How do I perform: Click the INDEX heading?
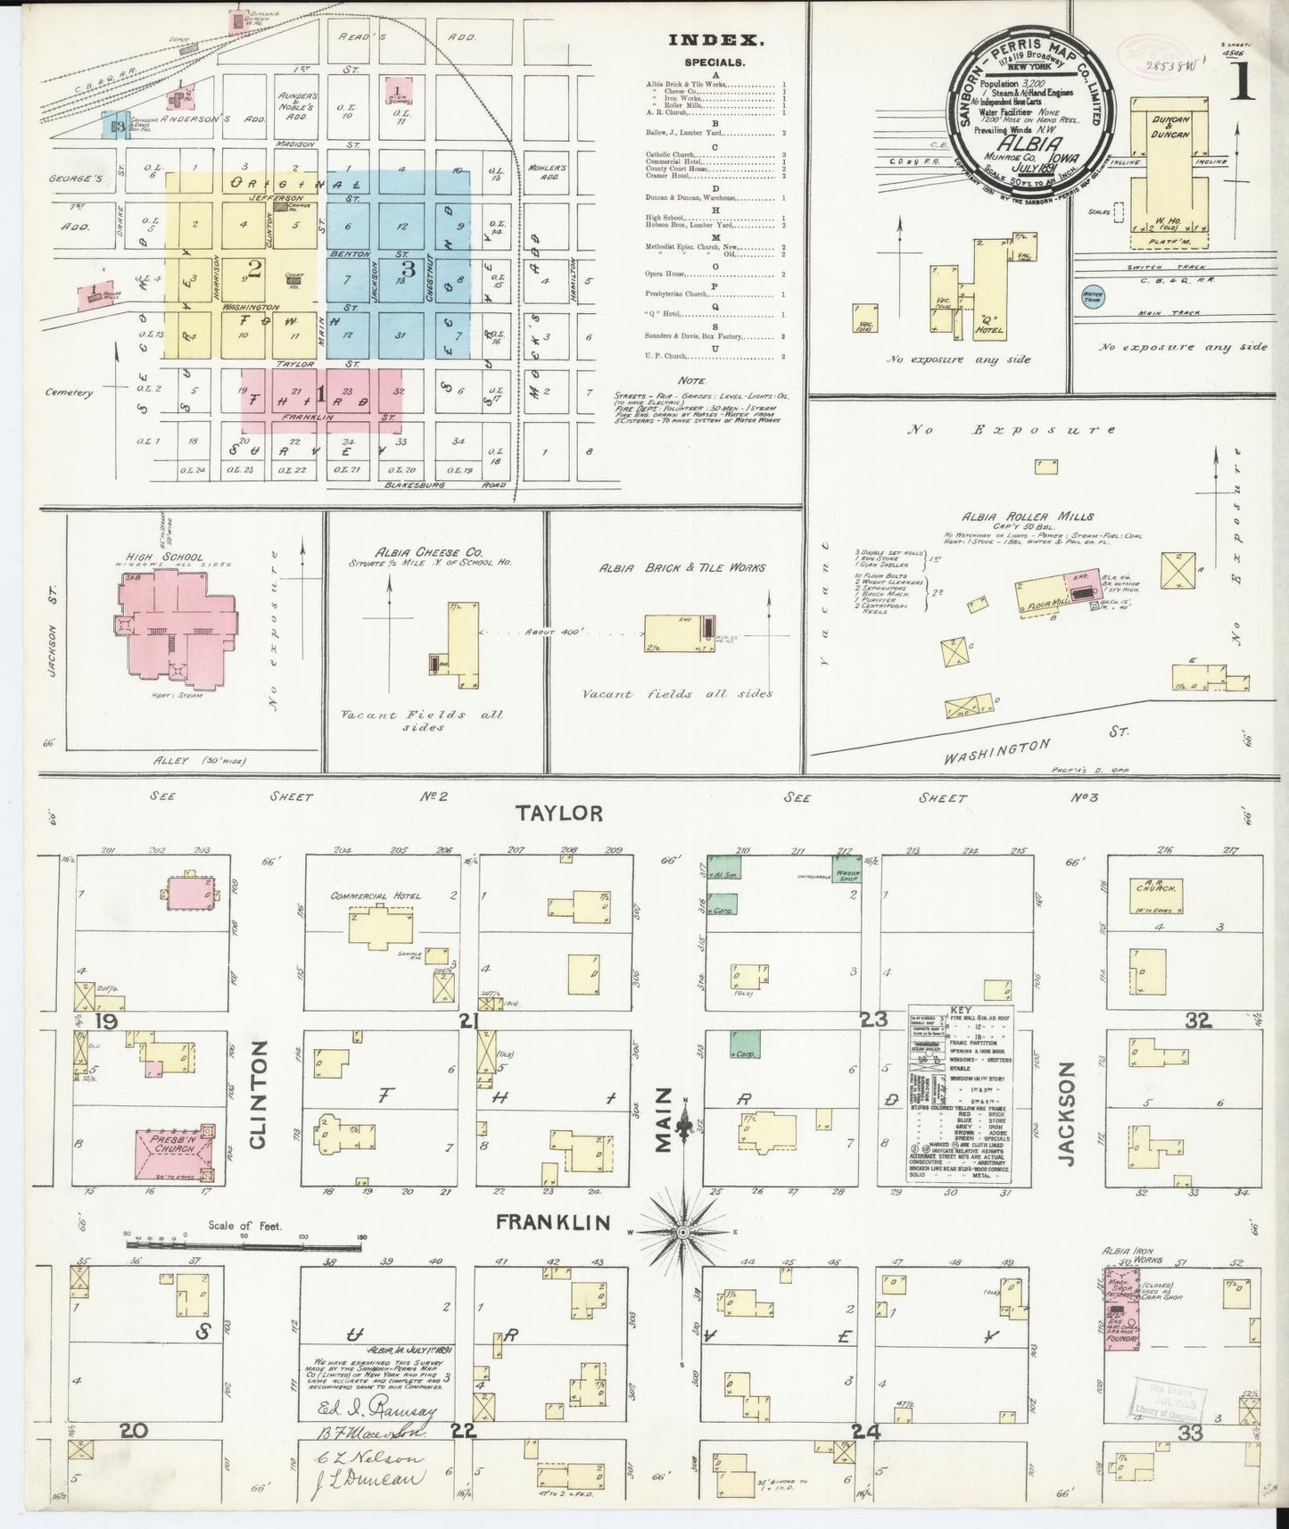click(716, 39)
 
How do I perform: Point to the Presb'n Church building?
click(173, 1150)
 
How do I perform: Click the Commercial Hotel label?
click(375, 896)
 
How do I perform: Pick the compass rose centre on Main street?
click(683, 1231)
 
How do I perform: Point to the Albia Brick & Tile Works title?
click(682, 566)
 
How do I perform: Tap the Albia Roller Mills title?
click(1028, 517)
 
